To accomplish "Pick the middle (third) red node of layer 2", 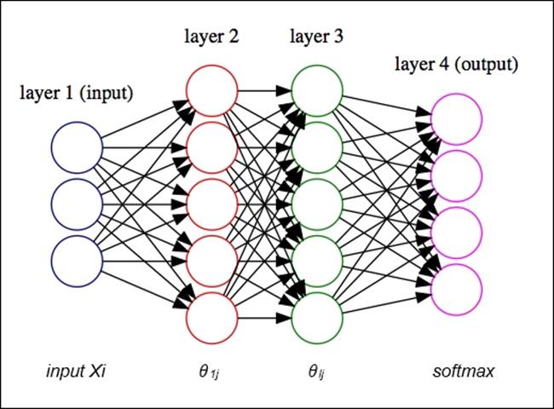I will point(211,204).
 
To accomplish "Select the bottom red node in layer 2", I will point(211,316).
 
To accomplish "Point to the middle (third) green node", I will point(317,204).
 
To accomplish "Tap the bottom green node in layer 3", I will point(317,316).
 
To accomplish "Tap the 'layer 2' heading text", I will point(211,37).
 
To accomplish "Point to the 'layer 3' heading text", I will point(317,37).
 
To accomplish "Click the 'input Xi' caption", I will point(78,372).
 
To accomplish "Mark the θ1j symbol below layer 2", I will point(210,372).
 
